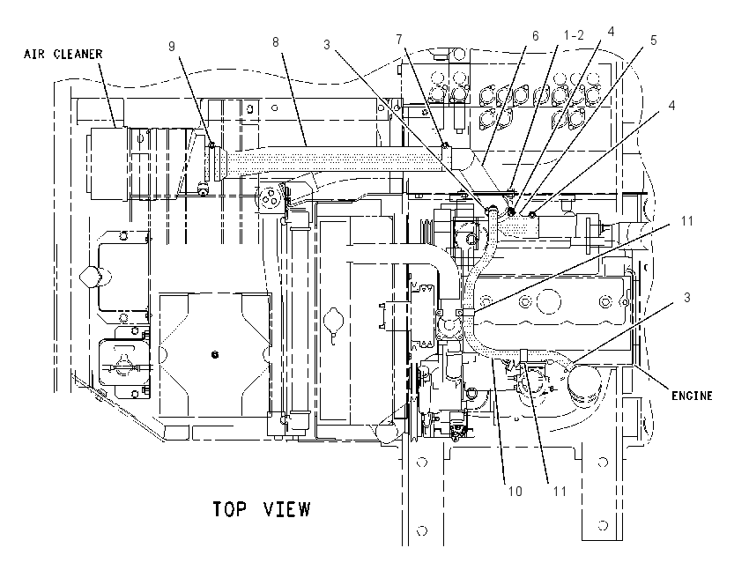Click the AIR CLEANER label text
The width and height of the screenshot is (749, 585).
coord(63,54)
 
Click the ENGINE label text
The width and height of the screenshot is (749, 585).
coord(692,396)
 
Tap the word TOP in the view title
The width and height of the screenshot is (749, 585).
coord(229,509)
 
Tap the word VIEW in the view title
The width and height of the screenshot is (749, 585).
coord(286,509)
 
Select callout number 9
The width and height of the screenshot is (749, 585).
coord(172,47)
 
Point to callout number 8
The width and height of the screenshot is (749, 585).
coord(276,42)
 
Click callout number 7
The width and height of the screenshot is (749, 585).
coord(399,40)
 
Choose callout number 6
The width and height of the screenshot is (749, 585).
coord(535,36)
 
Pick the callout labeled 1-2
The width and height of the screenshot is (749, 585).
coord(574,35)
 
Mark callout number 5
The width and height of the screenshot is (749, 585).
coord(654,41)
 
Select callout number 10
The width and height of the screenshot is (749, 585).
coord(515,491)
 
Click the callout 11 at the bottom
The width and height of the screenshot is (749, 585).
coord(560,491)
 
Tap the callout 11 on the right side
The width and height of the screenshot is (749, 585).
coord(687,220)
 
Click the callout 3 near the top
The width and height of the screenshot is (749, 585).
coord(327,45)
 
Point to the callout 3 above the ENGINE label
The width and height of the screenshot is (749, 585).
coord(687,298)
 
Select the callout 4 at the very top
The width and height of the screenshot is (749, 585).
coord(611,32)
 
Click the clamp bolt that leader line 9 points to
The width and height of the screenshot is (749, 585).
coord(211,144)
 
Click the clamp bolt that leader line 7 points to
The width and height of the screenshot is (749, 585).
coord(445,144)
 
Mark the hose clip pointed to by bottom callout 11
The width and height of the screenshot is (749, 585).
coord(523,355)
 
